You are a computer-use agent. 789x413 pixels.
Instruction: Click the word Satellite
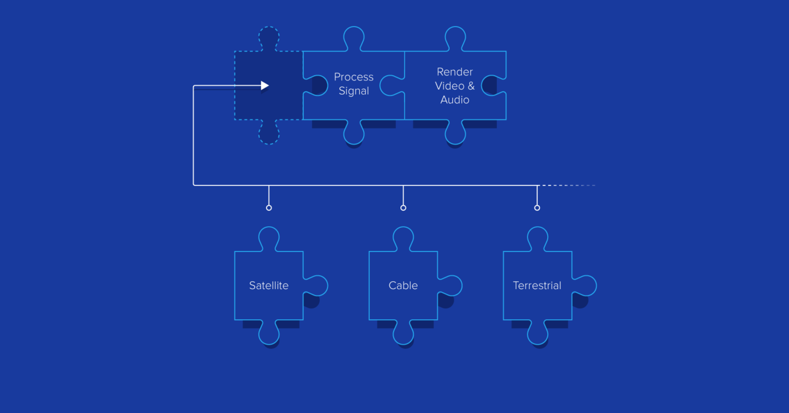click(268, 285)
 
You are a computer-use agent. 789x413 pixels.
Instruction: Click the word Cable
click(403, 285)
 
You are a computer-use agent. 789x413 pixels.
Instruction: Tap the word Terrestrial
click(537, 285)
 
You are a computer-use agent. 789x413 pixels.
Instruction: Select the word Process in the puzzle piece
click(354, 77)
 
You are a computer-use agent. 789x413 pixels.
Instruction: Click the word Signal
click(354, 91)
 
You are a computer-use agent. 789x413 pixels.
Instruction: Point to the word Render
click(455, 72)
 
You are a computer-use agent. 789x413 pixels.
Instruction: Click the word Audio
click(455, 100)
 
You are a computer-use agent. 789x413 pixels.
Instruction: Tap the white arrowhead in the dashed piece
click(265, 86)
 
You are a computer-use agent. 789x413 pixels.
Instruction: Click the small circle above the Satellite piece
click(269, 208)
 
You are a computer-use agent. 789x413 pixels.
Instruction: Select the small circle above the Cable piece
click(403, 208)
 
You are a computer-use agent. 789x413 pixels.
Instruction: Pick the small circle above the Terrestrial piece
click(537, 208)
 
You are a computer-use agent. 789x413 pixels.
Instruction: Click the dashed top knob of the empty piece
click(269, 37)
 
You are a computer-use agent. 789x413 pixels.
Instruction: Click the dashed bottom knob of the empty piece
click(269, 134)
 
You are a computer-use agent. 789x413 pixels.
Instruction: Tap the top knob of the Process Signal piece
click(354, 37)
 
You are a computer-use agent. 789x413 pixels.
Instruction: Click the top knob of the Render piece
click(455, 37)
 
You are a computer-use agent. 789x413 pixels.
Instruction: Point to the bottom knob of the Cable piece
click(403, 334)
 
